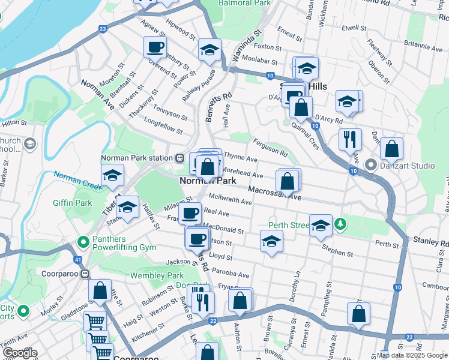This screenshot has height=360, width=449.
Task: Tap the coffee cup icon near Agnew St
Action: click(x=155, y=47)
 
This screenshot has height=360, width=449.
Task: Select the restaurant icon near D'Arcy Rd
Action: click(x=349, y=139)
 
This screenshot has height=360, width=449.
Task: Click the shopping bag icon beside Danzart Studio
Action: click(x=391, y=148)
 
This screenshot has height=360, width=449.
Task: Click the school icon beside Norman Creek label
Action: click(x=112, y=175)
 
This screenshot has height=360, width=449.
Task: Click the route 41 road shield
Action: click(x=78, y=260)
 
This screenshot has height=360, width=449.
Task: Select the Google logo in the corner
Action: click(x=20, y=353)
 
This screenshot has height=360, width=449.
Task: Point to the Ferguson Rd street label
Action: click(x=272, y=144)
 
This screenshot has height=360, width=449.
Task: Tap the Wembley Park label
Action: click(x=157, y=275)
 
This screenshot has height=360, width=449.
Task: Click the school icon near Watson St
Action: click(x=271, y=241)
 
